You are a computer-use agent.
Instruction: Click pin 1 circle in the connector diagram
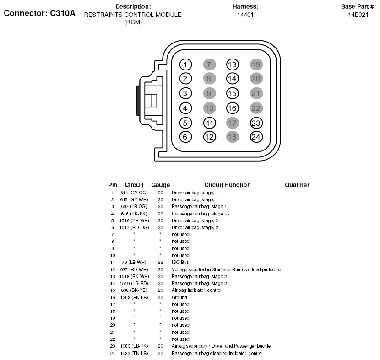[x=185, y=64]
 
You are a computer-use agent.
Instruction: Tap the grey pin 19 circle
[x=256, y=64]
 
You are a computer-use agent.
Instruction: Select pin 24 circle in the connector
[x=256, y=136]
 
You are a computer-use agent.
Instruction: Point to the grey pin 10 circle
[x=209, y=108]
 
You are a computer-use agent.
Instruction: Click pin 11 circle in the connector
[x=209, y=123]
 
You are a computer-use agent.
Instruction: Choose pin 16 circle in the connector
[x=233, y=108]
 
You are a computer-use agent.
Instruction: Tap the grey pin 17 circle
[x=233, y=123]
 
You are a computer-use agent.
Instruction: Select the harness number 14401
[x=245, y=15]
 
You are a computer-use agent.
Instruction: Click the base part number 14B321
[x=358, y=15]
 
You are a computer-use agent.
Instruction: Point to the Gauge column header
[x=160, y=185]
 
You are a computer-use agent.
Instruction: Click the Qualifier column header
[x=297, y=185]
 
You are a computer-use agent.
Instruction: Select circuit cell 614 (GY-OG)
[x=134, y=193]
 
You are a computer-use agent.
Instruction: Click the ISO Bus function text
[x=179, y=263]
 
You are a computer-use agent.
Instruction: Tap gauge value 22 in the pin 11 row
[x=160, y=263]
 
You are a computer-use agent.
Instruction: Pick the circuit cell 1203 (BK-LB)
[x=134, y=297]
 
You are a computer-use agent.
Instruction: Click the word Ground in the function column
[x=179, y=297]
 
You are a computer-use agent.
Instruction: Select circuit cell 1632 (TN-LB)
[x=134, y=353]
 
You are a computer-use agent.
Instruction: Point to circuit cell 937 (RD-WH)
[x=134, y=269]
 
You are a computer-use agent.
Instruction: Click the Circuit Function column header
[x=227, y=185]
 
